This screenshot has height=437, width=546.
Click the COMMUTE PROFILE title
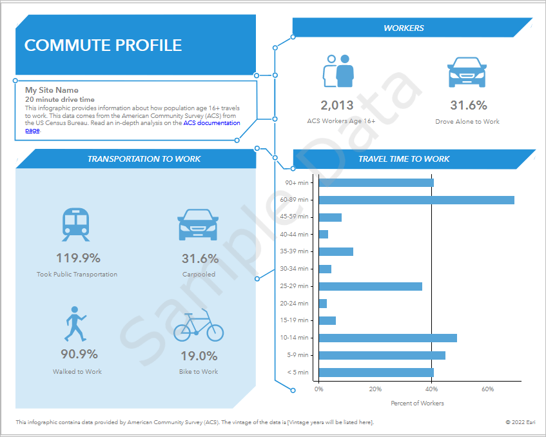(103, 45)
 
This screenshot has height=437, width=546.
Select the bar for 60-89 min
(416, 200)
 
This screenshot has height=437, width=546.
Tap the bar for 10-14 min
(387, 338)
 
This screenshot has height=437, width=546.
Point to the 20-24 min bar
(322, 304)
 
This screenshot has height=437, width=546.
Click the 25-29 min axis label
(295, 286)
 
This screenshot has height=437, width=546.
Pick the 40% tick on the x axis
(431, 389)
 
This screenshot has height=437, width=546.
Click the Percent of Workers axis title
(417, 403)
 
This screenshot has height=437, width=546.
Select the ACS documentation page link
(211, 123)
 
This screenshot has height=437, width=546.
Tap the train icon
(76, 224)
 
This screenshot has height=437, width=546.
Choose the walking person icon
(75, 324)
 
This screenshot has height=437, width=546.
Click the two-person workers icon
(339, 70)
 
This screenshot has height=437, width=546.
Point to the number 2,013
(338, 106)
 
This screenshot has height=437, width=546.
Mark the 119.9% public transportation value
(78, 258)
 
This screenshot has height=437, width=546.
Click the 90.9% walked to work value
(79, 354)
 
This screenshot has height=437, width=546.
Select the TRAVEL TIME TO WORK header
(404, 159)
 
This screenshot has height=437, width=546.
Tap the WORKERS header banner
(404, 28)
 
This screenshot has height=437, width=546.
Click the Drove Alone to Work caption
(467, 121)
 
